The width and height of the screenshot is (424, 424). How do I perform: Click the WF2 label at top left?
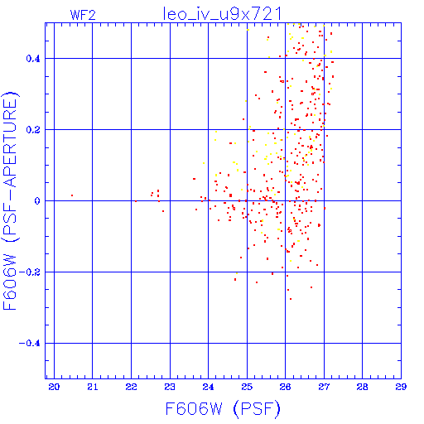83,15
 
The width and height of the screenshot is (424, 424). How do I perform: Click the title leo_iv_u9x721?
223,14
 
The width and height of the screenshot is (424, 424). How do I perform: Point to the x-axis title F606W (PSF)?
223,409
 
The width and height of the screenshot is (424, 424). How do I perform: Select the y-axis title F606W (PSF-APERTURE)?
10,201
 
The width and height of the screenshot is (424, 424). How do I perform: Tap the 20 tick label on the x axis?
54,387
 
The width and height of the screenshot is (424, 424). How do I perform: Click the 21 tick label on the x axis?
93,387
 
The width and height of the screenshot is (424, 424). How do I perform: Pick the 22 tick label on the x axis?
131,387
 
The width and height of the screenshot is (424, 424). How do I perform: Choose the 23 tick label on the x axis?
170,387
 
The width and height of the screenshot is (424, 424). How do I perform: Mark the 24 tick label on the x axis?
208,387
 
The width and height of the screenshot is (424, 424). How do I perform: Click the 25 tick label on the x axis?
247,387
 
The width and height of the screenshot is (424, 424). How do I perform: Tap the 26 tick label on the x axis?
285,387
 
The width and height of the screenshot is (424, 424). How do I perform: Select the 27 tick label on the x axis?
324,387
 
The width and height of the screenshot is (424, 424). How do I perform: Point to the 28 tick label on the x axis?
362,387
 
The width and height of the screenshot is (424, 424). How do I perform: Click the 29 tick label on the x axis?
401,387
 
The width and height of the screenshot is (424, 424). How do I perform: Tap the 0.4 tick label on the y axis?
33,59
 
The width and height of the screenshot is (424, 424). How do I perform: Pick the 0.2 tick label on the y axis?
33,130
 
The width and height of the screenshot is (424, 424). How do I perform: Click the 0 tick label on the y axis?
37,201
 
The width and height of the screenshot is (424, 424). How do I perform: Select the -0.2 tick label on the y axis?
30,272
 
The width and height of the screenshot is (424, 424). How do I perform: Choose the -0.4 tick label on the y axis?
30,344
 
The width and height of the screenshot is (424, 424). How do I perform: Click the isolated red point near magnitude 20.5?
72,195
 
